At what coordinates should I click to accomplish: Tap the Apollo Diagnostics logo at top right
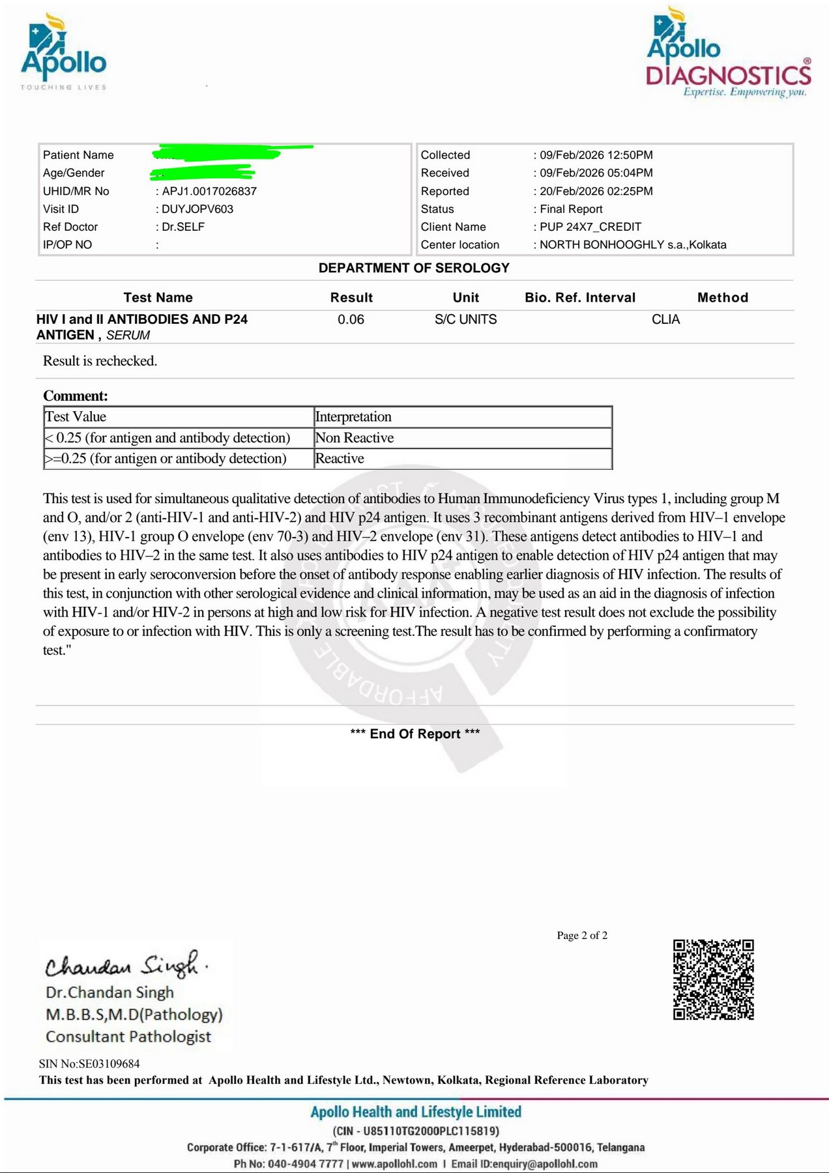tap(729, 53)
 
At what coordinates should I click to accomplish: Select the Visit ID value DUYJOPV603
tap(197, 209)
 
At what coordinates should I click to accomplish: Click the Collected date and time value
tap(596, 155)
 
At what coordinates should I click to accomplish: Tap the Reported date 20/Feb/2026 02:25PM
tap(596, 191)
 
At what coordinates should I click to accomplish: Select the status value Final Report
tap(571, 209)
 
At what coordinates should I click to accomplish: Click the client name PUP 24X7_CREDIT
tap(590, 227)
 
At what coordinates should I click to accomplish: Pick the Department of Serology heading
tap(414, 268)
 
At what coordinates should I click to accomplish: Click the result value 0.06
tap(351, 319)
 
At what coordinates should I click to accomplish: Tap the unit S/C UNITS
tap(465, 319)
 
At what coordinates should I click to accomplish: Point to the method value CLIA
tap(665, 319)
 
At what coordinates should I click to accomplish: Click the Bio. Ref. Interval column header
tap(580, 298)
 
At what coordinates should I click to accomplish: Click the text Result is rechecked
tap(100, 361)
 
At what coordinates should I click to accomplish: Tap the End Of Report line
tap(415, 734)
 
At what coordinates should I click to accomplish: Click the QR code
tap(713, 979)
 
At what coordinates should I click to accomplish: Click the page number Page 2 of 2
tap(582, 936)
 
